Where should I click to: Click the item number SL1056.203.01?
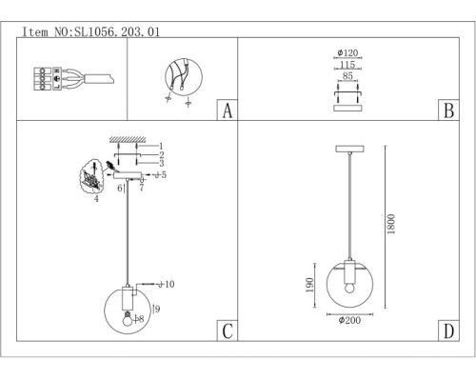tap(117, 31)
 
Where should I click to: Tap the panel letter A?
tap(228, 110)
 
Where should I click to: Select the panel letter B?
tap(448, 110)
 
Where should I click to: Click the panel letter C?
tap(228, 331)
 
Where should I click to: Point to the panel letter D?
tap(448, 331)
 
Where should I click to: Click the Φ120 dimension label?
tap(347, 52)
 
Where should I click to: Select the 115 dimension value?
tap(347, 65)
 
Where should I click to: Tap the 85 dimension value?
tap(347, 76)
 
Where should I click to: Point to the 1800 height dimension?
tap(391, 224)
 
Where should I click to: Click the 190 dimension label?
tap(309, 285)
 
